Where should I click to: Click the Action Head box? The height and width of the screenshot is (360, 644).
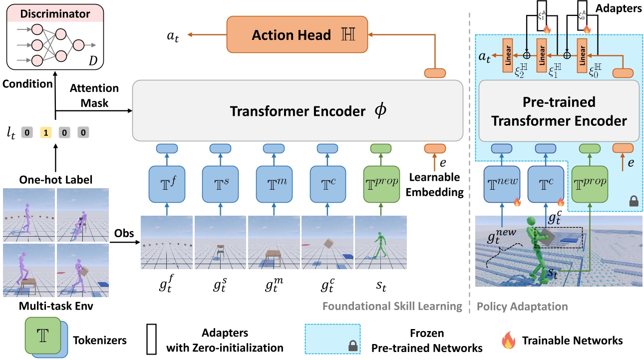pyautogui.click(x=297, y=35)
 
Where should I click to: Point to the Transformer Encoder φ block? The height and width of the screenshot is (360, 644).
pyautogui.click(x=298, y=111)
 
